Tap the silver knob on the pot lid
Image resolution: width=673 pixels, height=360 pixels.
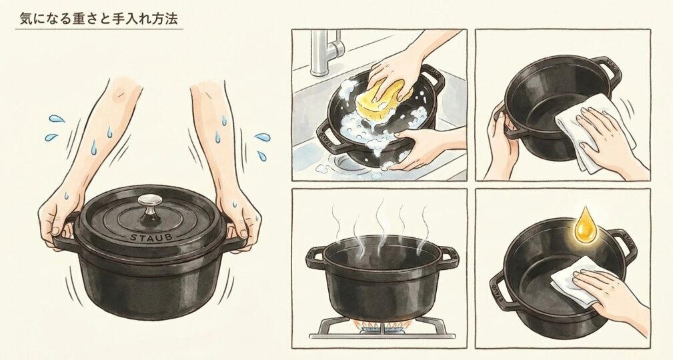click(151, 203)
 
